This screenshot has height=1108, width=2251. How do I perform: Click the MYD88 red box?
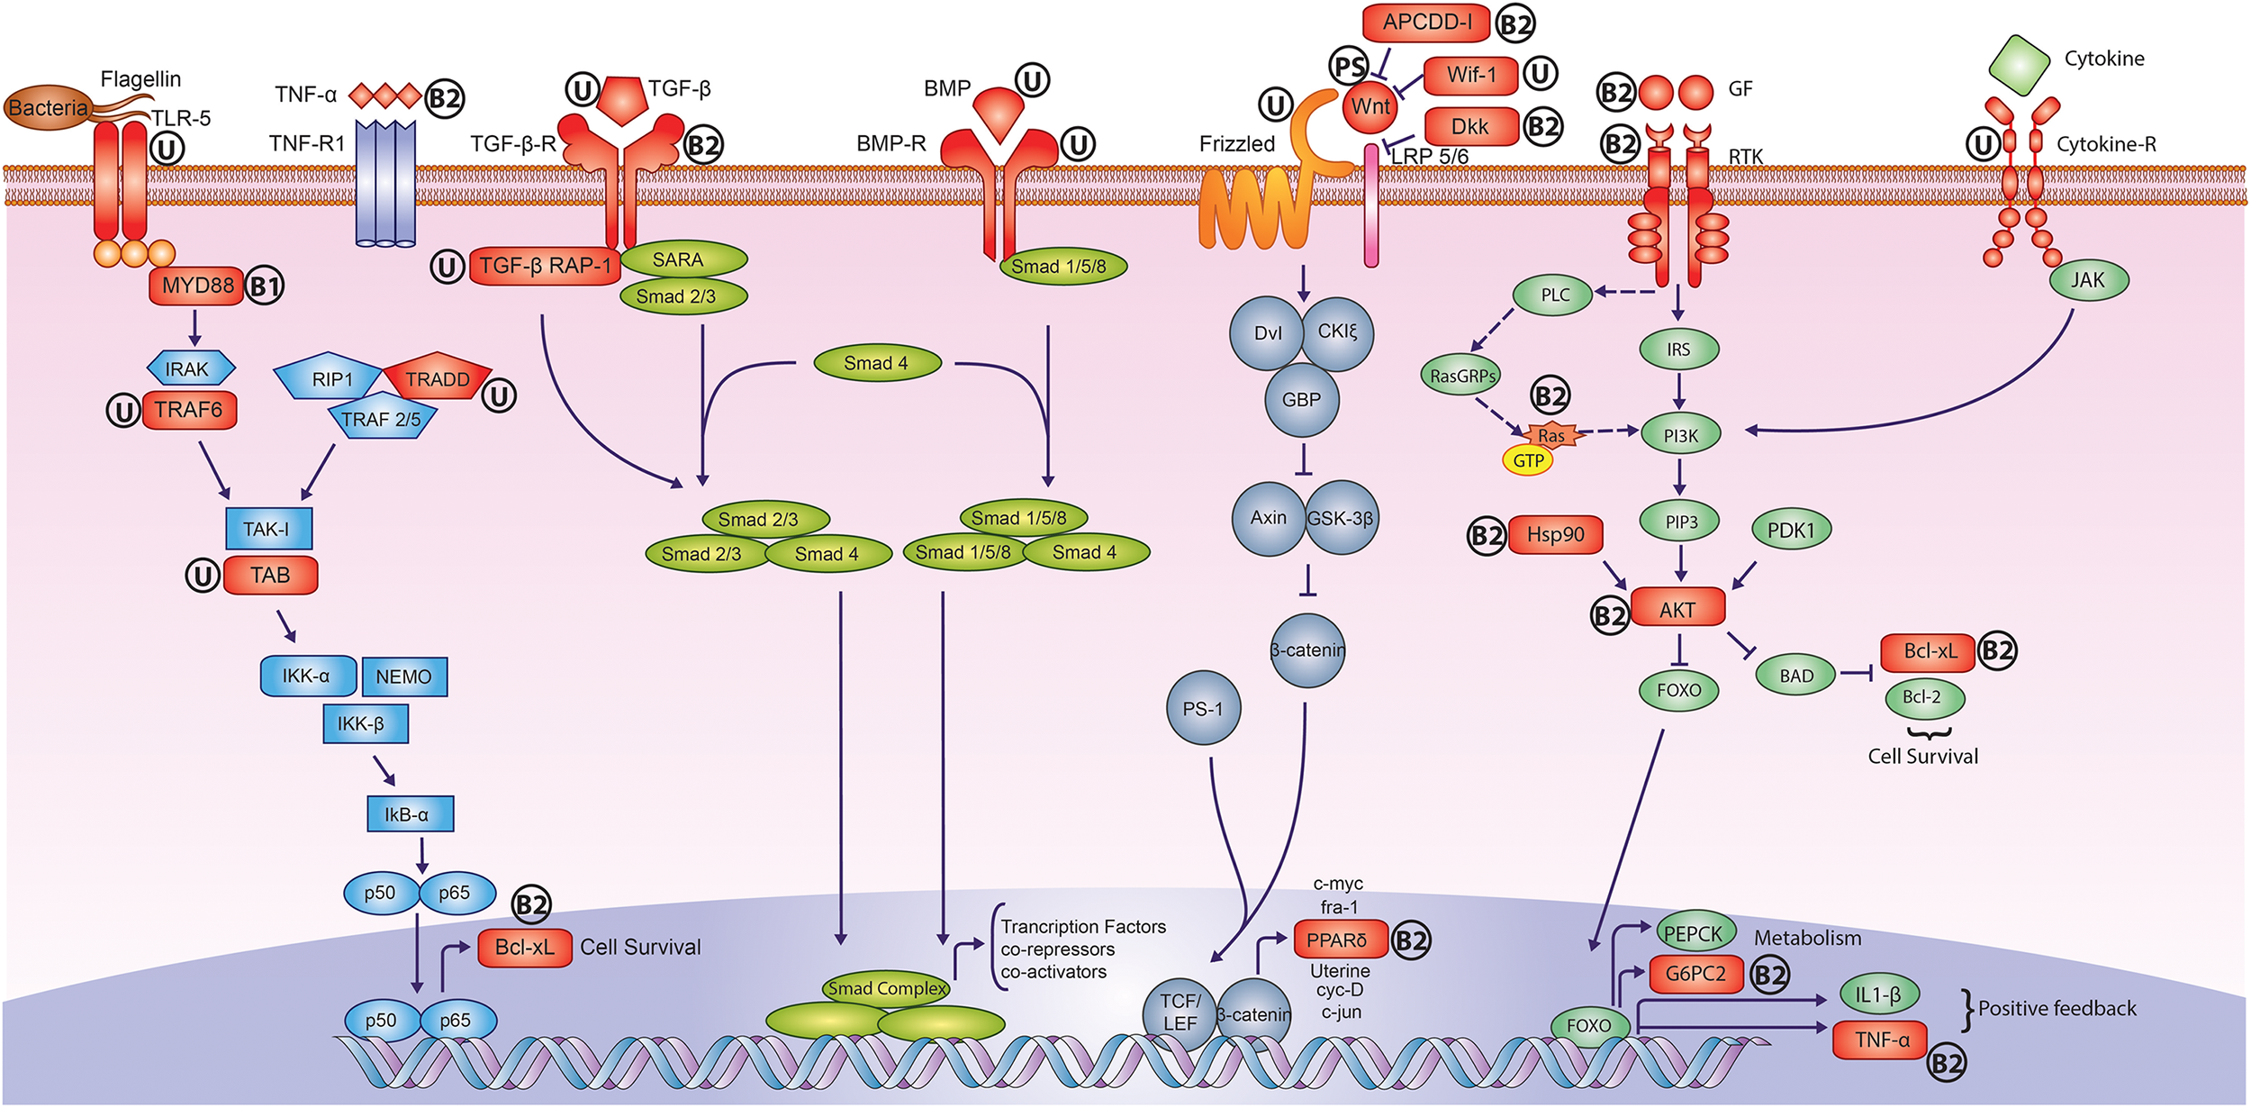196,286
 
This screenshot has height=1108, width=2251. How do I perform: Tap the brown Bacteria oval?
47,108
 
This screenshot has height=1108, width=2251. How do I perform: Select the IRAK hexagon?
191,368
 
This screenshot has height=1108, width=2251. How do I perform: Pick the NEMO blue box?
404,677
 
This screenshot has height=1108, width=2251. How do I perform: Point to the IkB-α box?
410,814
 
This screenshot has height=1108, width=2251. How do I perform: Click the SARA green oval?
683,260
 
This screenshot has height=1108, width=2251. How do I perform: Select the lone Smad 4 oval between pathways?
877,363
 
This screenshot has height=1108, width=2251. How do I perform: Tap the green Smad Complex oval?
887,989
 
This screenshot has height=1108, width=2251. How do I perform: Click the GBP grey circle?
1301,400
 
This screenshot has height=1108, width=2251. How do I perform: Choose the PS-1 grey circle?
1203,709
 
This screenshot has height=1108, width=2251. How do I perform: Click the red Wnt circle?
1370,107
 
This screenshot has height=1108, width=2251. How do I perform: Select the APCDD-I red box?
1427,23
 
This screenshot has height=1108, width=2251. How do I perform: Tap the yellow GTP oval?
1528,461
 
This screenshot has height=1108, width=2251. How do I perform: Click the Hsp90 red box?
1555,535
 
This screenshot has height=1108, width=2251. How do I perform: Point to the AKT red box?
1677,610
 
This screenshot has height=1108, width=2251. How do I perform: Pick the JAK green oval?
2088,280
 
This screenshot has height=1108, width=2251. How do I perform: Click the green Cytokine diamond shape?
2020,65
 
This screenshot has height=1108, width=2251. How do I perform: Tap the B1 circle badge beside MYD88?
265,287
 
